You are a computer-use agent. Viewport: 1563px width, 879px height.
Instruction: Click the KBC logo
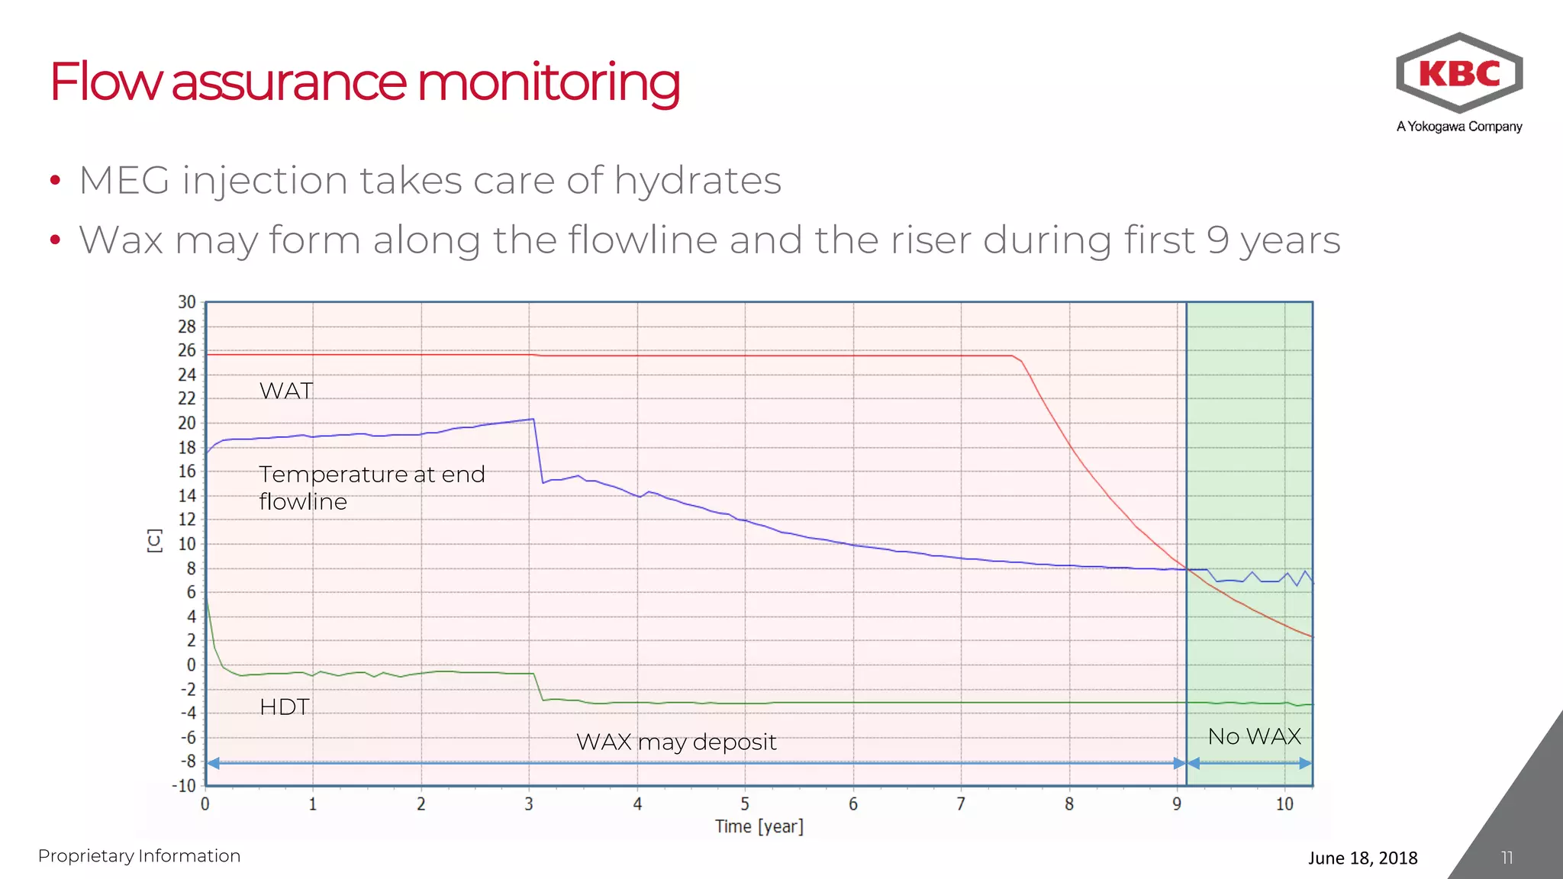tap(1459, 74)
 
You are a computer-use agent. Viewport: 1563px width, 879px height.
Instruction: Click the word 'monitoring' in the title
tap(547, 82)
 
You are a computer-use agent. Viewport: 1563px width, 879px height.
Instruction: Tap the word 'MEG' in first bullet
tap(124, 182)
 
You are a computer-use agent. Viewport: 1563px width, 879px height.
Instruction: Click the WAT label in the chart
tap(286, 391)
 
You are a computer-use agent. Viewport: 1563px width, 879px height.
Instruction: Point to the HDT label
tap(285, 707)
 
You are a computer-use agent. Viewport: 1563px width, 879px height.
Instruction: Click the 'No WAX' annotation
tap(1254, 736)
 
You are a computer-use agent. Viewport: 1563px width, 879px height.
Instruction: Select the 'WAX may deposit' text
tap(676, 742)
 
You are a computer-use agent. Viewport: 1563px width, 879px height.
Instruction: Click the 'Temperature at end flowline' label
tap(372, 488)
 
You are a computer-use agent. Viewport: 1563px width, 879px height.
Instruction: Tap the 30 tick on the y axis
tap(187, 302)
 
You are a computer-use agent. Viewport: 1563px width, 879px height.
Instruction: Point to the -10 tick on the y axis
tap(184, 785)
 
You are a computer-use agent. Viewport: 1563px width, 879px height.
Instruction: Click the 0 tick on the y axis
tap(191, 665)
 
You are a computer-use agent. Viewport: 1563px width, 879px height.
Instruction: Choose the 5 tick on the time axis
tap(745, 804)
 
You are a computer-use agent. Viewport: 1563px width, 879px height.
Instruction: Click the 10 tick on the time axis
tap(1284, 804)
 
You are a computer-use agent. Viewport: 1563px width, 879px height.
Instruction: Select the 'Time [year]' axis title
tap(759, 826)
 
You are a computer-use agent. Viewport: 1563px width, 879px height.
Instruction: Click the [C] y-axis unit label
tap(154, 540)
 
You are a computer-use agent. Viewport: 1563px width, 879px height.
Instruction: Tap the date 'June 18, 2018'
tap(1362, 858)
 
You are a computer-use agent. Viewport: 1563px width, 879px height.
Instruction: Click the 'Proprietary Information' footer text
tap(139, 856)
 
